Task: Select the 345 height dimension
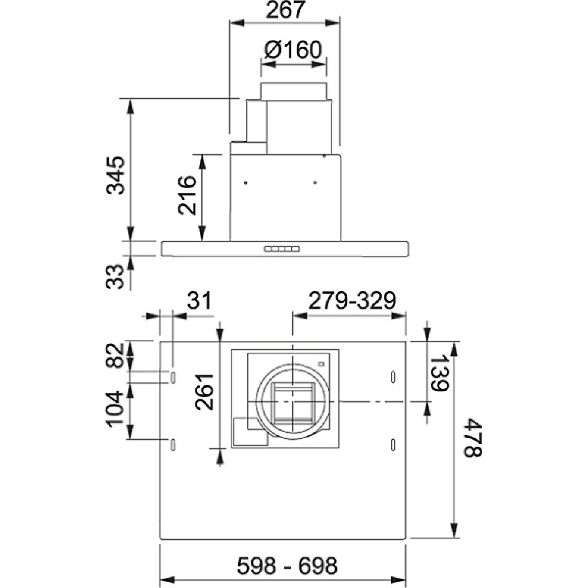(x=115, y=175)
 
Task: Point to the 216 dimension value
(x=187, y=195)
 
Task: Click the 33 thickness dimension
(x=115, y=276)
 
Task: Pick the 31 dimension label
(x=199, y=300)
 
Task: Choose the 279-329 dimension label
(x=352, y=300)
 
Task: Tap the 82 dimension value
(x=115, y=355)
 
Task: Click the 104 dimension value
(x=115, y=409)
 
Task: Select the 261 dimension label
(x=205, y=392)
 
